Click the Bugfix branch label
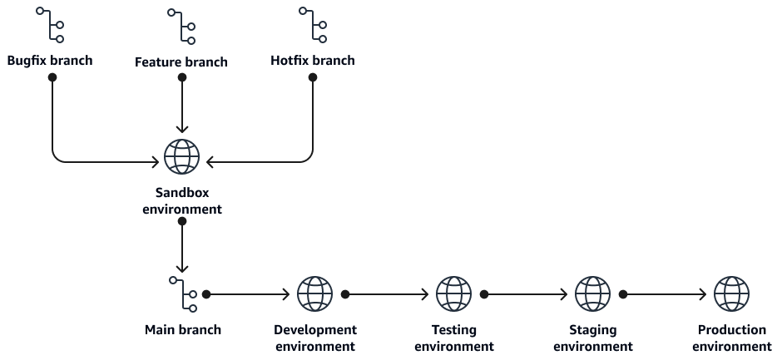point(50,61)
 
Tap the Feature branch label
point(181,62)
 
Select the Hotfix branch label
point(313,61)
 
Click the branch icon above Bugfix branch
point(50,25)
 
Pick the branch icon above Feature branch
point(181,26)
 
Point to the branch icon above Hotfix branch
point(313,25)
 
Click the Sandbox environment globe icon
point(181,156)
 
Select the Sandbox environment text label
point(182,200)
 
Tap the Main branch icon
point(183,294)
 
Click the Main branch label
point(183,330)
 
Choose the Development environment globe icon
point(315,294)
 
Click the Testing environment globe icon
point(454,294)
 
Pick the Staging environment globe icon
point(592,294)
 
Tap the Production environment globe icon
point(731,294)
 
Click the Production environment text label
point(731,338)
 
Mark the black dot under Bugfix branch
point(52,77)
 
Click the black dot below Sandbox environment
point(182,221)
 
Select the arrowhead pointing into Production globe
point(704,294)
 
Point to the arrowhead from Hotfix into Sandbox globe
point(210,161)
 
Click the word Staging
point(593,330)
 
